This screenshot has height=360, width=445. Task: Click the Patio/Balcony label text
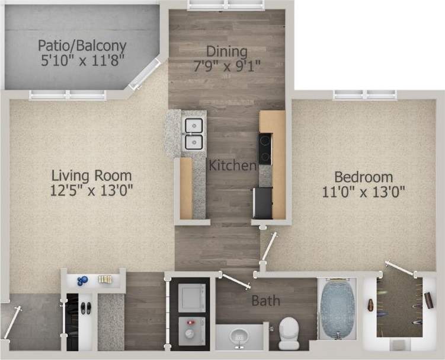click(x=82, y=45)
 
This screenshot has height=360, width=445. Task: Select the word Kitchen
click(x=232, y=165)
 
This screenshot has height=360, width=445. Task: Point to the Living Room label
click(x=91, y=176)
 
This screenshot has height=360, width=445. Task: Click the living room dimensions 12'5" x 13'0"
click(x=91, y=190)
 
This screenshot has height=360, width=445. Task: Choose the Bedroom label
click(x=363, y=177)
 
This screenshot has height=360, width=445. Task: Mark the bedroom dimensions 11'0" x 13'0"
click(x=363, y=192)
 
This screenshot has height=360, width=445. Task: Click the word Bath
click(x=265, y=301)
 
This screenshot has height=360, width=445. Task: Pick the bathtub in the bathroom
click(x=337, y=310)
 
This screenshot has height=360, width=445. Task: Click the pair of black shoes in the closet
click(x=85, y=308)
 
